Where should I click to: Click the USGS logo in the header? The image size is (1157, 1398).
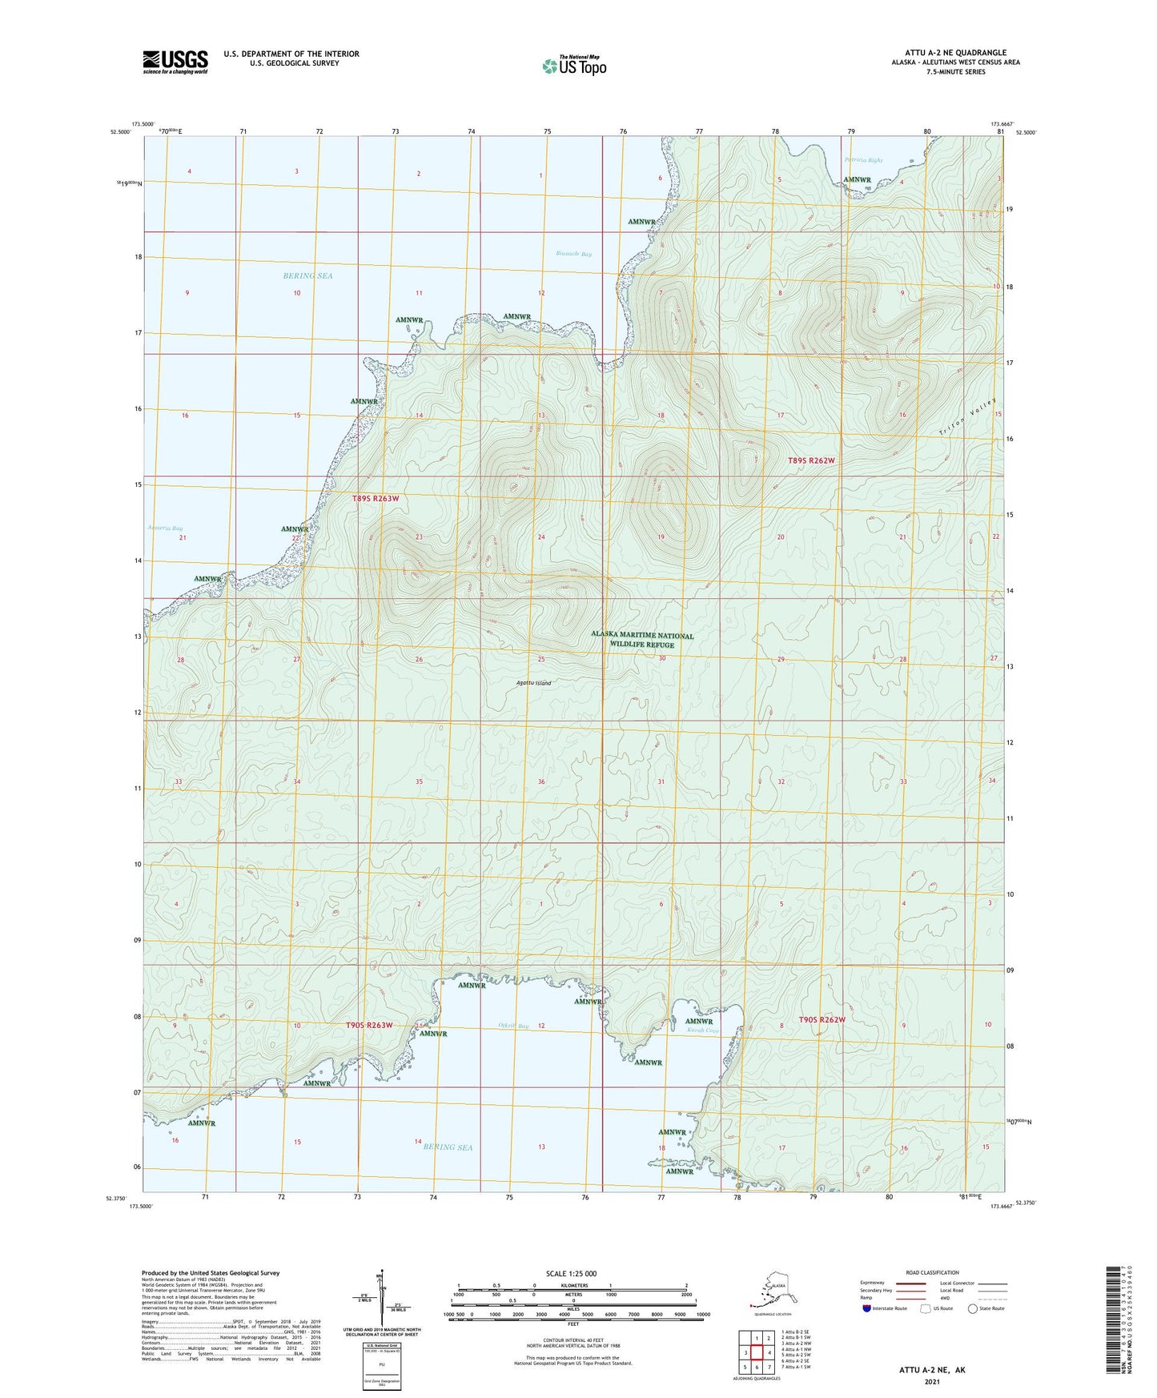click(175, 62)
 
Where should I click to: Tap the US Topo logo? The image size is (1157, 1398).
click(573, 66)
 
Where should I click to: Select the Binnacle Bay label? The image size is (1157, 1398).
click(574, 254)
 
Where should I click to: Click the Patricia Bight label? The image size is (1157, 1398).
click(863, 160)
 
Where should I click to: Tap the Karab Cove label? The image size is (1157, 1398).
click(703, 1030)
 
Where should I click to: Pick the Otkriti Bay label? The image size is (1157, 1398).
click(512, 1026)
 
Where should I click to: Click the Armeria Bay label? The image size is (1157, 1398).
click(165, 528)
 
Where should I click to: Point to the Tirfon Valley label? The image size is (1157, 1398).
click(969, 417)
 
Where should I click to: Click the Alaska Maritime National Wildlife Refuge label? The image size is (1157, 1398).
click(642, 640)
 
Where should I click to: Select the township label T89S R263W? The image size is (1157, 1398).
click(376, 499)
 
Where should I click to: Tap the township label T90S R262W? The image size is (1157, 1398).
click(822, 1020)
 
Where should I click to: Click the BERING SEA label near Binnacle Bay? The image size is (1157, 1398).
click(307, 275)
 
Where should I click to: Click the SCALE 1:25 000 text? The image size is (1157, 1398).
click(571, 1274)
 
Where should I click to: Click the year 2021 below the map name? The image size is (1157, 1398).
click(931, 1382)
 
